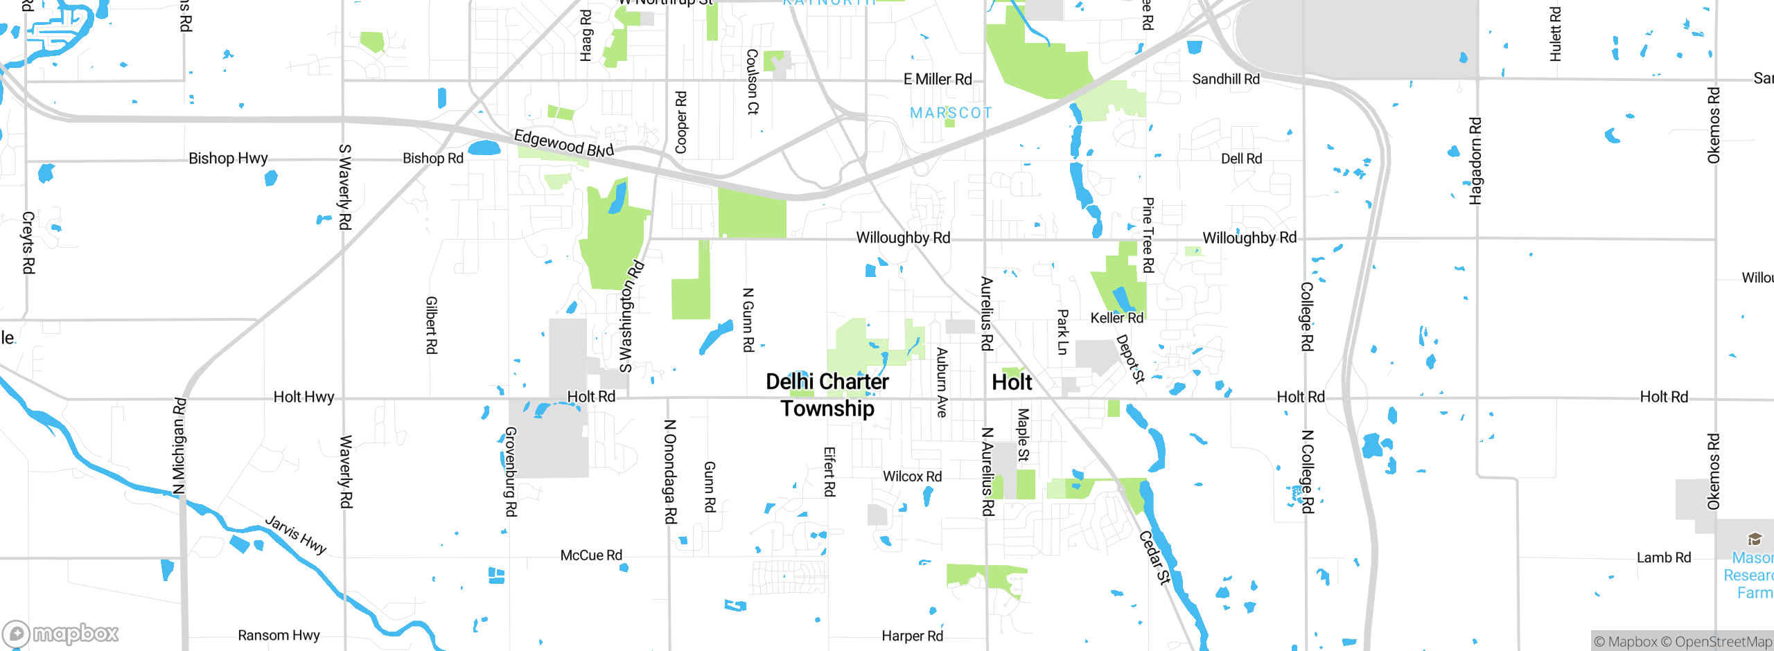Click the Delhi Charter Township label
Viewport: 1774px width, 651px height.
point(827,395)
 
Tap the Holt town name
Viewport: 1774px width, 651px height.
point(1012,382)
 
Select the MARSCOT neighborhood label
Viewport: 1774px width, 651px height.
point(951,113)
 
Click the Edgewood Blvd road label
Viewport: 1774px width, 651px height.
point(563,143)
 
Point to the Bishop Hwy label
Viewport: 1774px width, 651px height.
point(228,159)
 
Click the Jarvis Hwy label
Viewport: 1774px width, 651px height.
point(296,535)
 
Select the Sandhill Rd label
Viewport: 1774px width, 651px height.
point(1225,80)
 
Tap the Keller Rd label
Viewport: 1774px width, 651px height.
point(1116,318)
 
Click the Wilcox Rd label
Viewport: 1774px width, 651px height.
point(912,476)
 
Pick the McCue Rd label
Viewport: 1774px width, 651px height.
point(591,555)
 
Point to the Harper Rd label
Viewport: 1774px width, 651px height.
point(912,636)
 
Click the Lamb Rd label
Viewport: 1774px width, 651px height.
point(1663,558)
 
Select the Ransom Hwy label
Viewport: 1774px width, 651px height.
point(279,635)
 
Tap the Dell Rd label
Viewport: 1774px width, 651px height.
point(1241,159)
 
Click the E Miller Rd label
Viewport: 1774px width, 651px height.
point(938,80)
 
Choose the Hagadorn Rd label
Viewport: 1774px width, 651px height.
point(1475,161)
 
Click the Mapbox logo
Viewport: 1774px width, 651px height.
point(61,633)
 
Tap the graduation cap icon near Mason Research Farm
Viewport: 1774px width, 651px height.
point(1754,539)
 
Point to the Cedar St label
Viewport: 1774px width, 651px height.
point(1155,558)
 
